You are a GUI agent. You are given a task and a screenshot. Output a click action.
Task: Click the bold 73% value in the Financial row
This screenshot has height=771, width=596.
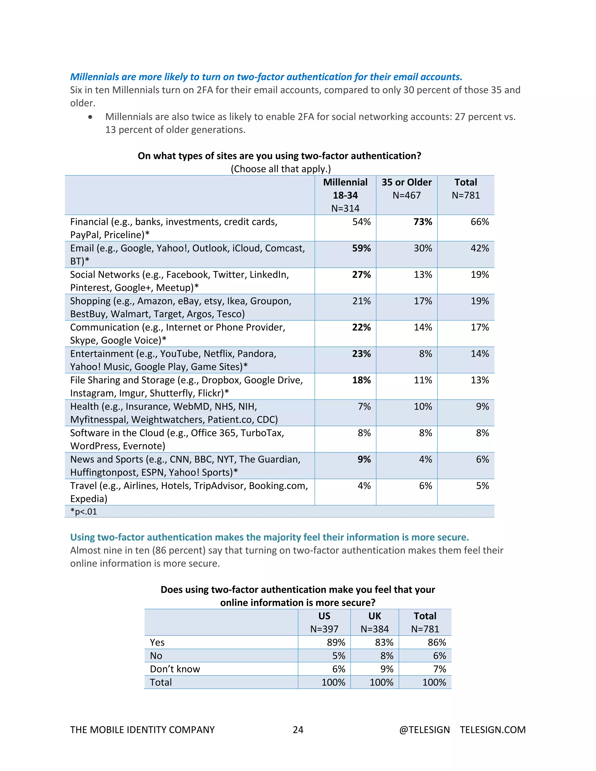423,222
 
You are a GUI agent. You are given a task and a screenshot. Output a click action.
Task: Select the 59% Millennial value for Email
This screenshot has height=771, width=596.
361,248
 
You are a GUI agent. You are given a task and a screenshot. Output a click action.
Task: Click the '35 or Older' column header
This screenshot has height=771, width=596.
406,182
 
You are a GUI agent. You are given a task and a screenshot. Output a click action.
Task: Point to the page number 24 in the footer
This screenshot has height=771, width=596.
298,730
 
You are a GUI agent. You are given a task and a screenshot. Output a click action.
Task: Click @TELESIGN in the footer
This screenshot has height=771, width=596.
424,730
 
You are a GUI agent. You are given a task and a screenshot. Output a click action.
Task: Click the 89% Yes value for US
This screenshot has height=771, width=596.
336,642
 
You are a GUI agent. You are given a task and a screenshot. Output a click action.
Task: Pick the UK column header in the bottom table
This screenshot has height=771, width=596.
374,616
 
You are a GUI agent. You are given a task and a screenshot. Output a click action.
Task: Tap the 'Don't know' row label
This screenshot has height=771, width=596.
175,669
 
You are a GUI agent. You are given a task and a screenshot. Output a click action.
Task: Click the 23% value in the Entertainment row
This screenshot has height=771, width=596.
361,354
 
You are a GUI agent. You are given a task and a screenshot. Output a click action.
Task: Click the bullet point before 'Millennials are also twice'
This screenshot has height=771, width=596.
91,117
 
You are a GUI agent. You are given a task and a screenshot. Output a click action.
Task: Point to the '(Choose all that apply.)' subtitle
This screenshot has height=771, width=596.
281,169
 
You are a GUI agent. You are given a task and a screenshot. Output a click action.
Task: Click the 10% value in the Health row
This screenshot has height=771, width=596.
423,407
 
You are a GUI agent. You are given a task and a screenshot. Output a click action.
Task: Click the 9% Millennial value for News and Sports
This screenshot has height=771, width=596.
364,459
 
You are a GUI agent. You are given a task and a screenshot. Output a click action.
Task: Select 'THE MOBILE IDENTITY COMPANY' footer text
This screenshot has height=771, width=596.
142,730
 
